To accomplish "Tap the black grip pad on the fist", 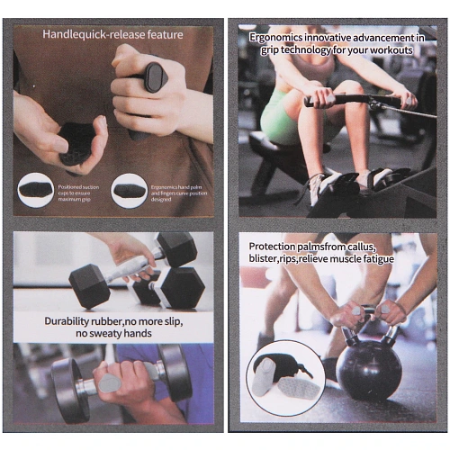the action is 156,77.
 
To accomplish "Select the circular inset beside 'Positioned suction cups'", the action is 36,191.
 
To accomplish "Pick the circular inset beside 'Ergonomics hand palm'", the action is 129,191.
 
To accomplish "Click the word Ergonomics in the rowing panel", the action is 275,38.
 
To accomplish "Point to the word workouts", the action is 391,50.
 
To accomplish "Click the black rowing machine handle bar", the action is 354,100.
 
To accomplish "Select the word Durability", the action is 67,321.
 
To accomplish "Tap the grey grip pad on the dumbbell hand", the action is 110,384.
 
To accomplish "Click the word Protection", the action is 273,247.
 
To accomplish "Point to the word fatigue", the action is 379,258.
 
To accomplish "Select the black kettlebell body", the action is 369,371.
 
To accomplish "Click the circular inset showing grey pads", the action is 285,378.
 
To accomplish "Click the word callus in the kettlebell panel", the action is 362,247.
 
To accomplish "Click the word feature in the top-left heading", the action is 165,34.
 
